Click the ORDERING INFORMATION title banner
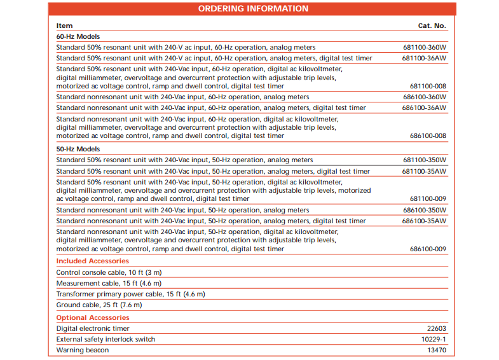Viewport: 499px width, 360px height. point(253,9)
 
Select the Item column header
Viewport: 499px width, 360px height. point(64,26)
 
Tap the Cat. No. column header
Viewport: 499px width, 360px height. point(432,26)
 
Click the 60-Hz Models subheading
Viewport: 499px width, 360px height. point(78,37)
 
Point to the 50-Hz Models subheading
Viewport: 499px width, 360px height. point(78,149)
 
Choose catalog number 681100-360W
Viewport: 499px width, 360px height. point(424,48)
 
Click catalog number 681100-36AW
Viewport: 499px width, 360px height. point(424,59)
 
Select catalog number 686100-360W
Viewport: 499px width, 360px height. point(424,97)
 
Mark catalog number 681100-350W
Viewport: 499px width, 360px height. point(424,160)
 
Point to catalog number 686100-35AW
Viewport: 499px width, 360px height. point(424,221)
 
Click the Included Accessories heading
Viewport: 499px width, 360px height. point(92,261)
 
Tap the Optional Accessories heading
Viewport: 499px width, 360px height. point(92,317)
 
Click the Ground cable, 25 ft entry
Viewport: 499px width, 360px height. point(99,305)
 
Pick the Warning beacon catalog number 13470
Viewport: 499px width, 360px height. point(436,350)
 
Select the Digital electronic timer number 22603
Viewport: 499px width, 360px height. point(436,329)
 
